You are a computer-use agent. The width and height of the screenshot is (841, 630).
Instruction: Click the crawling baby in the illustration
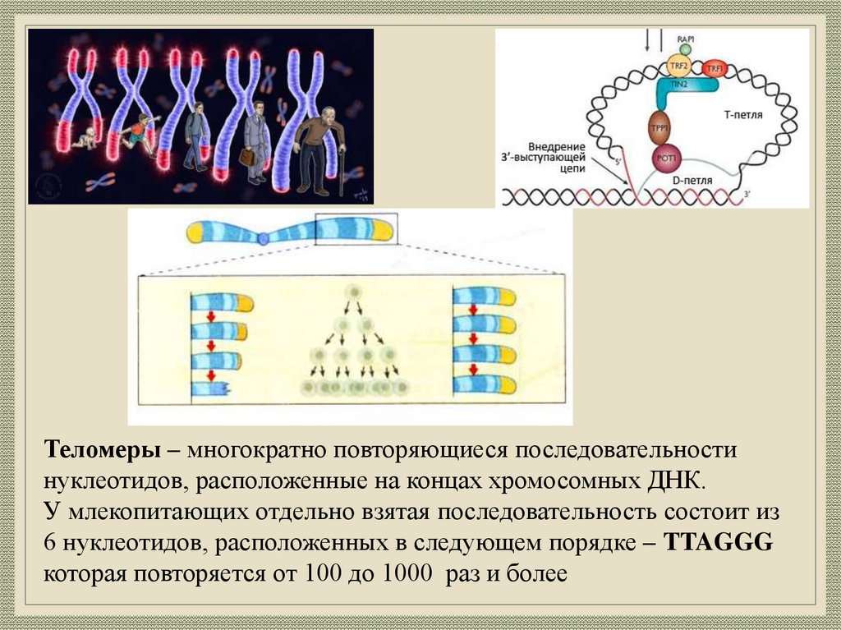pos(85,137)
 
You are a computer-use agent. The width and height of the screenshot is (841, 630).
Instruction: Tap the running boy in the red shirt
pos(139,132)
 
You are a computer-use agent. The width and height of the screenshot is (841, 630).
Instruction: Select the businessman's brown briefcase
pos(246,156)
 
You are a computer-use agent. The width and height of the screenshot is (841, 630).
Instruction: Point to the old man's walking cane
pos(342,168)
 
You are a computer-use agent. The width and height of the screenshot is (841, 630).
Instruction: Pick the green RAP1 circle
pos(685,49)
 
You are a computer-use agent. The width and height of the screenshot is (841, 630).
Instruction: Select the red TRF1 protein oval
pos(714,69)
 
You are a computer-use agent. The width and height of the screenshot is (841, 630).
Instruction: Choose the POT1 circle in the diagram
pos(664,159)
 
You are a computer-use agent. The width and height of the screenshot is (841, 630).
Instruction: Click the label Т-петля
pos(744,116)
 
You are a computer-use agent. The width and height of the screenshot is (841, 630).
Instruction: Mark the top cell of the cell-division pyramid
pos(353,292)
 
